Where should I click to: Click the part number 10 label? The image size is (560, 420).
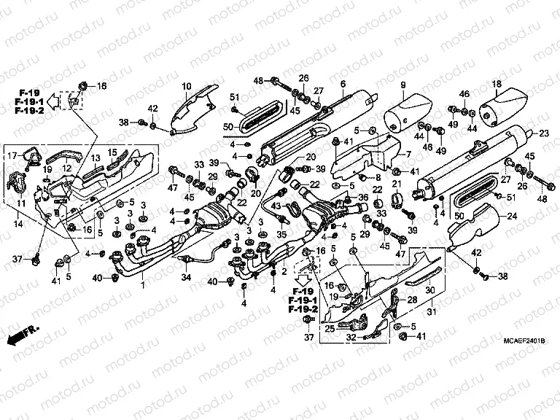pos(187,86)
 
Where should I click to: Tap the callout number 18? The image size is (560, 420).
pos(497,85)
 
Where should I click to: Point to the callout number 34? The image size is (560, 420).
pos(186,278)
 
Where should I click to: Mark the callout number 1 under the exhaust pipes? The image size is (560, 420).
pos(143,287)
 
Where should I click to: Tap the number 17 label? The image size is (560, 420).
pos(12,155)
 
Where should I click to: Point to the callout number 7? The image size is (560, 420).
pos(408,154)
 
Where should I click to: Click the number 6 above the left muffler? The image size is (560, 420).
pos(342,85)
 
